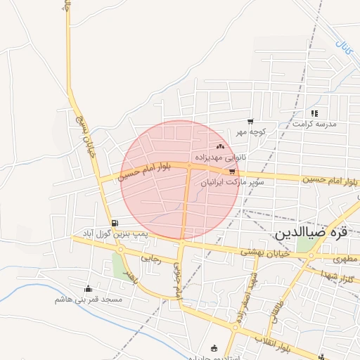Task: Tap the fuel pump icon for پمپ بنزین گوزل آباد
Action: pyautogui.click(x=115, y=224)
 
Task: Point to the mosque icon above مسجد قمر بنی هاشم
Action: pyautogui.click(x=88, y=288)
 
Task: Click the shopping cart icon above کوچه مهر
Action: pyautogui.click(x=250, y=122)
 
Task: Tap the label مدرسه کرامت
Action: pyautogui.click(x=316, y=124)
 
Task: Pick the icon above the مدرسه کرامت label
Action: pyautogui.click(x=314, y=112)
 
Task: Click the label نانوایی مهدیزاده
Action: pyautogui.click(x=220, y=157)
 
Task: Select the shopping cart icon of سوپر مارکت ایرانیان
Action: pyautogui.click(x=232, y=172)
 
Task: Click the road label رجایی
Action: pyautogui.click(x=150, y=259)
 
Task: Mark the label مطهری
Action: pyautogui.click(x=346, y=259)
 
